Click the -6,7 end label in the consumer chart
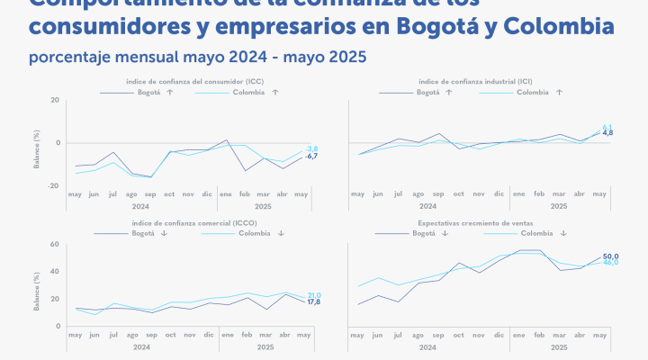point(311,157)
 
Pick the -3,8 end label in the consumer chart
point(311,148)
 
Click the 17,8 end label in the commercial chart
point(314,302)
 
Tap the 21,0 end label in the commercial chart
point(314,295)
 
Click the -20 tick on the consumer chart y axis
point(55,186)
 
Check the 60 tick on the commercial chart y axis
point(57,245)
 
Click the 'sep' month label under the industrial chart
point(438,194)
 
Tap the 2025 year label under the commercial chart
point(265,346)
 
